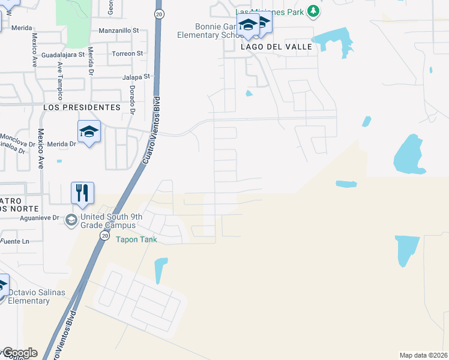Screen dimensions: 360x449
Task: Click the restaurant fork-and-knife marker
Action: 82,193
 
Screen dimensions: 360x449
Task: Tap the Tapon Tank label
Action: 136,239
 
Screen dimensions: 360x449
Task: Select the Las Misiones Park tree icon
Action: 313,11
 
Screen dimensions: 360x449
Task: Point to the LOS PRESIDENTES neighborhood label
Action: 82,107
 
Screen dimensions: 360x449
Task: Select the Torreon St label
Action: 127,53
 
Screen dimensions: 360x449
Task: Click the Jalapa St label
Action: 135,77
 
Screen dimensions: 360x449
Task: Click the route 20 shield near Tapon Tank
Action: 105,236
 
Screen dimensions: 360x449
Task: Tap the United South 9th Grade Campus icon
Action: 71,220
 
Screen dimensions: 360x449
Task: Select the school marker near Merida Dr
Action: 89,131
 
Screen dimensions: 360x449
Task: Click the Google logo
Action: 19,353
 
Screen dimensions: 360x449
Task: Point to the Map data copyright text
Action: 424,355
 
